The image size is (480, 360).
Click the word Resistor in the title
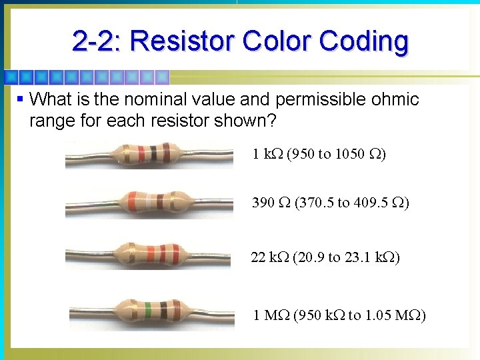click(x=182, y=41)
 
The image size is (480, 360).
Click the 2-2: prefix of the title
click(x=97, y=41)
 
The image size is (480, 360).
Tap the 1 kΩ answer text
click(x=267, y=154)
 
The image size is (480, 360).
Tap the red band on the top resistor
click(x=145, y=153)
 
